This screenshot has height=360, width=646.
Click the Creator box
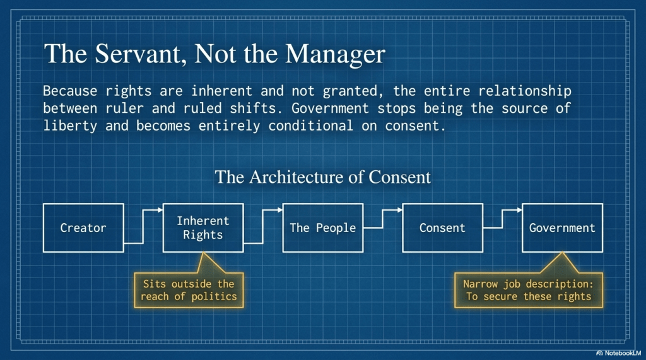pyautogui.click(x=83, y=228)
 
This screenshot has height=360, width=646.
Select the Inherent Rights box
pyautogui.click(x=203, y=228)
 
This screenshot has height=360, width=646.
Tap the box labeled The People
pyautogui.click(x=322, y=228)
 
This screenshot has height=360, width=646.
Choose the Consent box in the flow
pyautogui.click(x=442, y=228)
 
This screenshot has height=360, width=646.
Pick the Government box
pyautogui.click(x=562, y=228)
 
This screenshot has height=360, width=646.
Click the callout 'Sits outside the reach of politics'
pyautogui.click(x=189, y=290)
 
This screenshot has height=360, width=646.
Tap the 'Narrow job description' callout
pyautogui.click(x=529, y=290)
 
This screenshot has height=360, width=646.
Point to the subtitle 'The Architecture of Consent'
pyautogui.click(x=322, y=177)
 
